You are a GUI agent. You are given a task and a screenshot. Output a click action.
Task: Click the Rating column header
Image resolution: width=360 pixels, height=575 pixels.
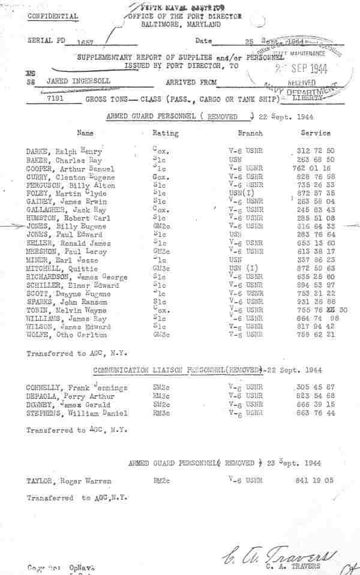[165, 133]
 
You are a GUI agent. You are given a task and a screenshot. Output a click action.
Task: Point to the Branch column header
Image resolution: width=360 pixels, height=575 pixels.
[250, 133]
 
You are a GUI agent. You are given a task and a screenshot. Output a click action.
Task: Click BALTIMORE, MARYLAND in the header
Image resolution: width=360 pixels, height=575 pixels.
[181, 25]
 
